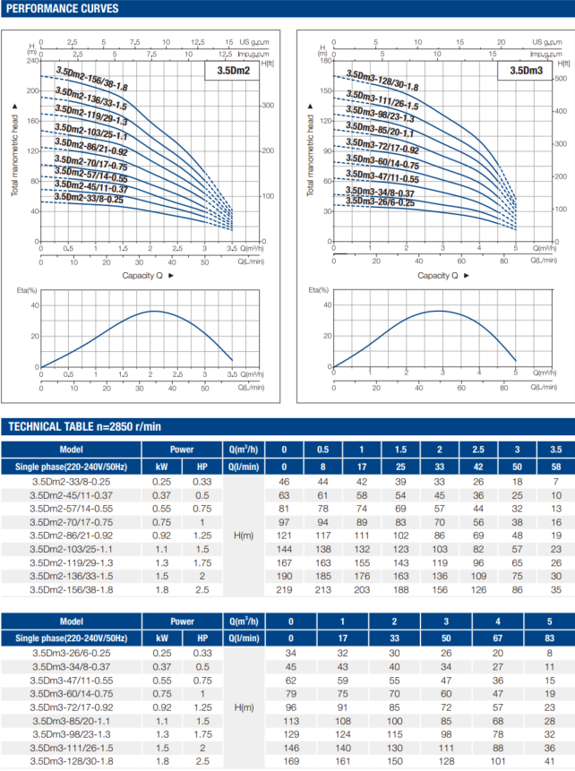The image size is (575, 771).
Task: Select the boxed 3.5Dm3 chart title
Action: point(527,71)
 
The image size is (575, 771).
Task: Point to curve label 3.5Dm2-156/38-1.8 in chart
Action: point(91,81)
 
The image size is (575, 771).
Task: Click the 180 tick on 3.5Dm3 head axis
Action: point(326,61)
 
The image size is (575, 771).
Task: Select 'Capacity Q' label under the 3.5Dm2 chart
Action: point(147,275)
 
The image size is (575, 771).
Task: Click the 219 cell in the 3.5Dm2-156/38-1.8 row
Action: point(284,589)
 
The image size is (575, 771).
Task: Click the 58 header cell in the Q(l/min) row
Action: point(555,467)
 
